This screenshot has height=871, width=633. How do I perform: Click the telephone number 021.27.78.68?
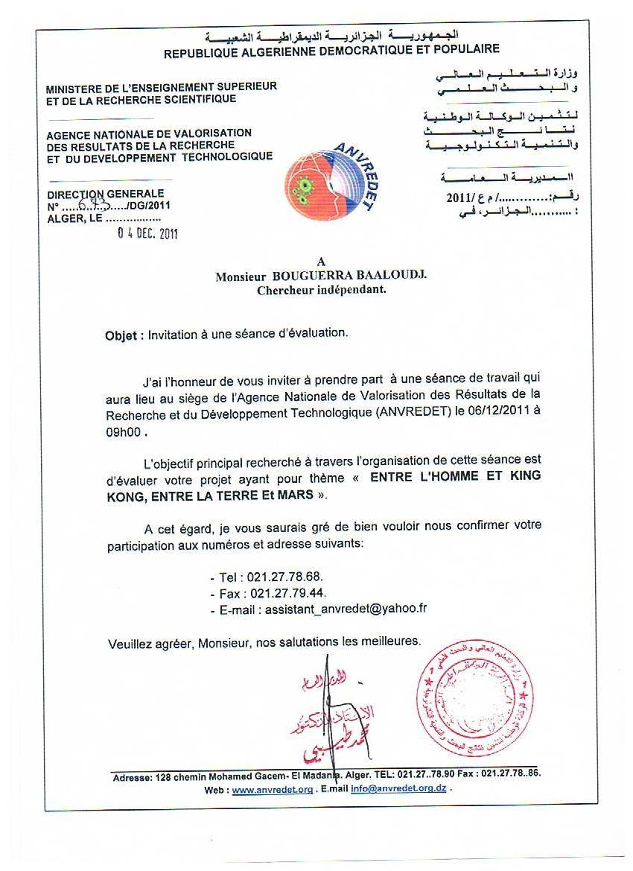(x=282, y=577)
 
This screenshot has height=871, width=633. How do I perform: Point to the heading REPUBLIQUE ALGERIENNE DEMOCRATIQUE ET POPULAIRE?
(x=331, y=50)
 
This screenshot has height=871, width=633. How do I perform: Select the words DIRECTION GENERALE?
(x=105, y=194)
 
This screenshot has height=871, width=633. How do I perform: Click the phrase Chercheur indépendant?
(x=321, y=290)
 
